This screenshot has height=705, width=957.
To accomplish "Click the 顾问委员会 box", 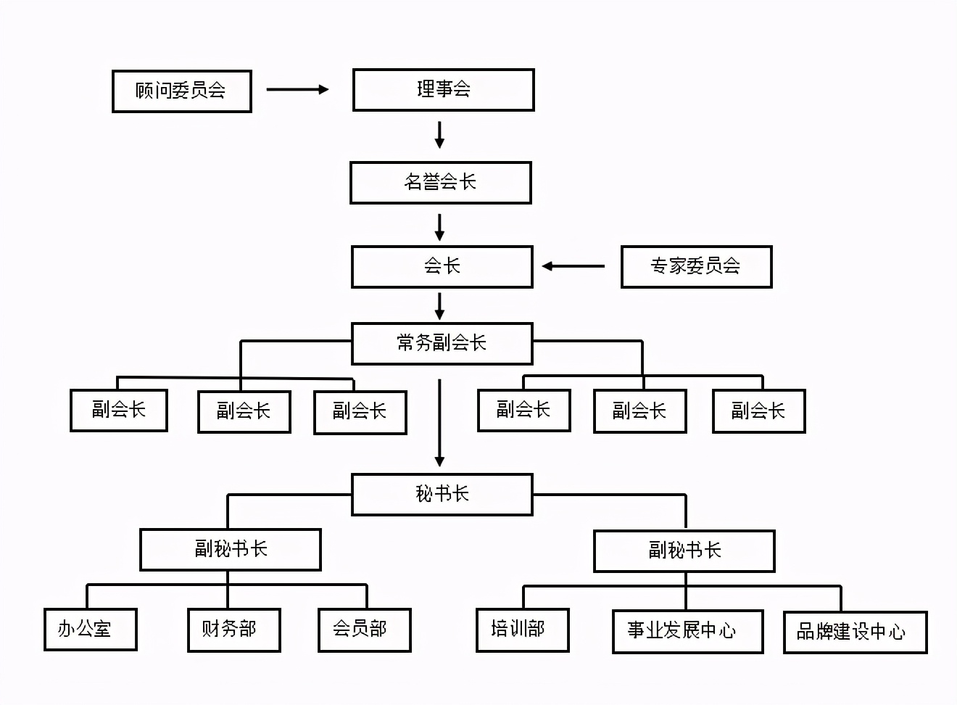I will (181, 91).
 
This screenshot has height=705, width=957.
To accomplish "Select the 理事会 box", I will (443, 90).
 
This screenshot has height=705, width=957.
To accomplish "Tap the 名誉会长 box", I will (440, 182).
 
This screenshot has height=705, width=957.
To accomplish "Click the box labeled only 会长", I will (442, 267).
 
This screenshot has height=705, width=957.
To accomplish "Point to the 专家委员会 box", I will (696, 267).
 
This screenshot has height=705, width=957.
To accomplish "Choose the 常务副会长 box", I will (442, 343).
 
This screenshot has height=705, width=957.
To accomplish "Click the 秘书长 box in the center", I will (442, 495).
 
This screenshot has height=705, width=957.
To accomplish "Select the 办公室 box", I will (90, 629).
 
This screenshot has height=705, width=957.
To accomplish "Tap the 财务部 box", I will (233, 630).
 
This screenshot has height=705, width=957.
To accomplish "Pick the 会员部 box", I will (364, 630).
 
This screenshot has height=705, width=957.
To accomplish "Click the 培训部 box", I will (522, 630).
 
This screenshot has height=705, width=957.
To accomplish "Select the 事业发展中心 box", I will (687, 631).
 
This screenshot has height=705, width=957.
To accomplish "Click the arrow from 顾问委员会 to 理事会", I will (297, 89).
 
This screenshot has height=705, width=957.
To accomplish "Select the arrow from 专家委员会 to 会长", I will (573, 266).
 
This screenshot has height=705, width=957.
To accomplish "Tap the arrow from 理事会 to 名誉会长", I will (439, 136).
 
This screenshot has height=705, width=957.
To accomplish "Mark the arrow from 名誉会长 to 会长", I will (439, 227).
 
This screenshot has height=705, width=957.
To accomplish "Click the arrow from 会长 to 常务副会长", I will (439, 305).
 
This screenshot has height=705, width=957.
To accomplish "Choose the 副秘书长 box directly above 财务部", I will (230, 549).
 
